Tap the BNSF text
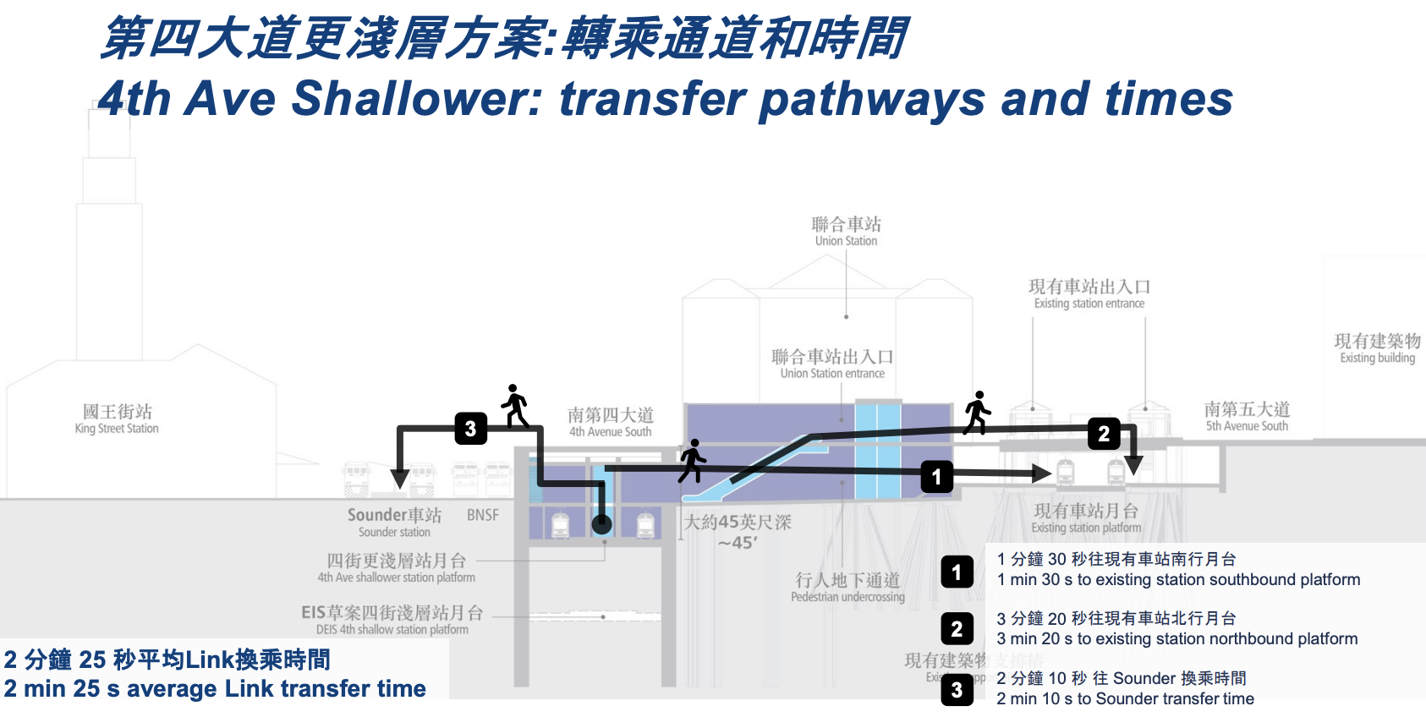click(x=483, y=515)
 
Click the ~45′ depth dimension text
click(x=738, y=543)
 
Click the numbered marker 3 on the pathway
click(x=470, y=429)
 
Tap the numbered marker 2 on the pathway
click(x=1103, y=434)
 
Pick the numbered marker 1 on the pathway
click(x=936, y=477)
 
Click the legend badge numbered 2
click(x=957, y=629)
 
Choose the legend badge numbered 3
click(x=957, y=690)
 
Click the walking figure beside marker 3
click(x=515, y=406)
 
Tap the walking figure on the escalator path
click(x=692, y=461)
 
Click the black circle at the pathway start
click(x=601, y=524)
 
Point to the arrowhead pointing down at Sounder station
click(x=400, y=479)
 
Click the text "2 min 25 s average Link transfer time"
click(x=215, y=689)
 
